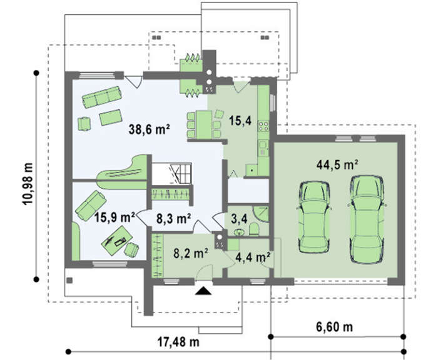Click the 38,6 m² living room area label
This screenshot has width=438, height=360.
(150, 129)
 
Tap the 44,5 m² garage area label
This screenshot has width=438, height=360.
(337, 164)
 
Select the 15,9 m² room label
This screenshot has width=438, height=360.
(115, 217)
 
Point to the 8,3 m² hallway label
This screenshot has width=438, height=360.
(173, 219)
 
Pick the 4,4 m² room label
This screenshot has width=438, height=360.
(253, 257)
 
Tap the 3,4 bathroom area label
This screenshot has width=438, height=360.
(240, 219)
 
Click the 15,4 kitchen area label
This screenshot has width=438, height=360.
(240, 121)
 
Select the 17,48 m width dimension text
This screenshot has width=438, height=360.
(179, 341)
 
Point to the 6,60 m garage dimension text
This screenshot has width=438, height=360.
(334, 326)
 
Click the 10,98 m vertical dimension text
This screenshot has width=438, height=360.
(28, 184)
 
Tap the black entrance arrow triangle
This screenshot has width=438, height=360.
(203, 291)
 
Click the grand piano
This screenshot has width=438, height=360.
(123, 172)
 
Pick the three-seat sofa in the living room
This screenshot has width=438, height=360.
(102, 96)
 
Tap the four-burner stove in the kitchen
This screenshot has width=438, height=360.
(263, 126)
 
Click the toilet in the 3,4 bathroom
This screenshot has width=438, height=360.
(253, 229)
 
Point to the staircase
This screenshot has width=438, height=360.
(172, 174)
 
